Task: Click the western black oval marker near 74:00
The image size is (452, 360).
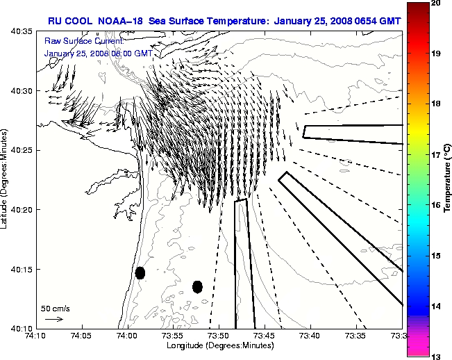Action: [140, 272]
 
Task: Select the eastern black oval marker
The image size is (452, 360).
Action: [197, 286]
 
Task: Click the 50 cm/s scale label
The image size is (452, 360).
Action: [56, 308]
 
